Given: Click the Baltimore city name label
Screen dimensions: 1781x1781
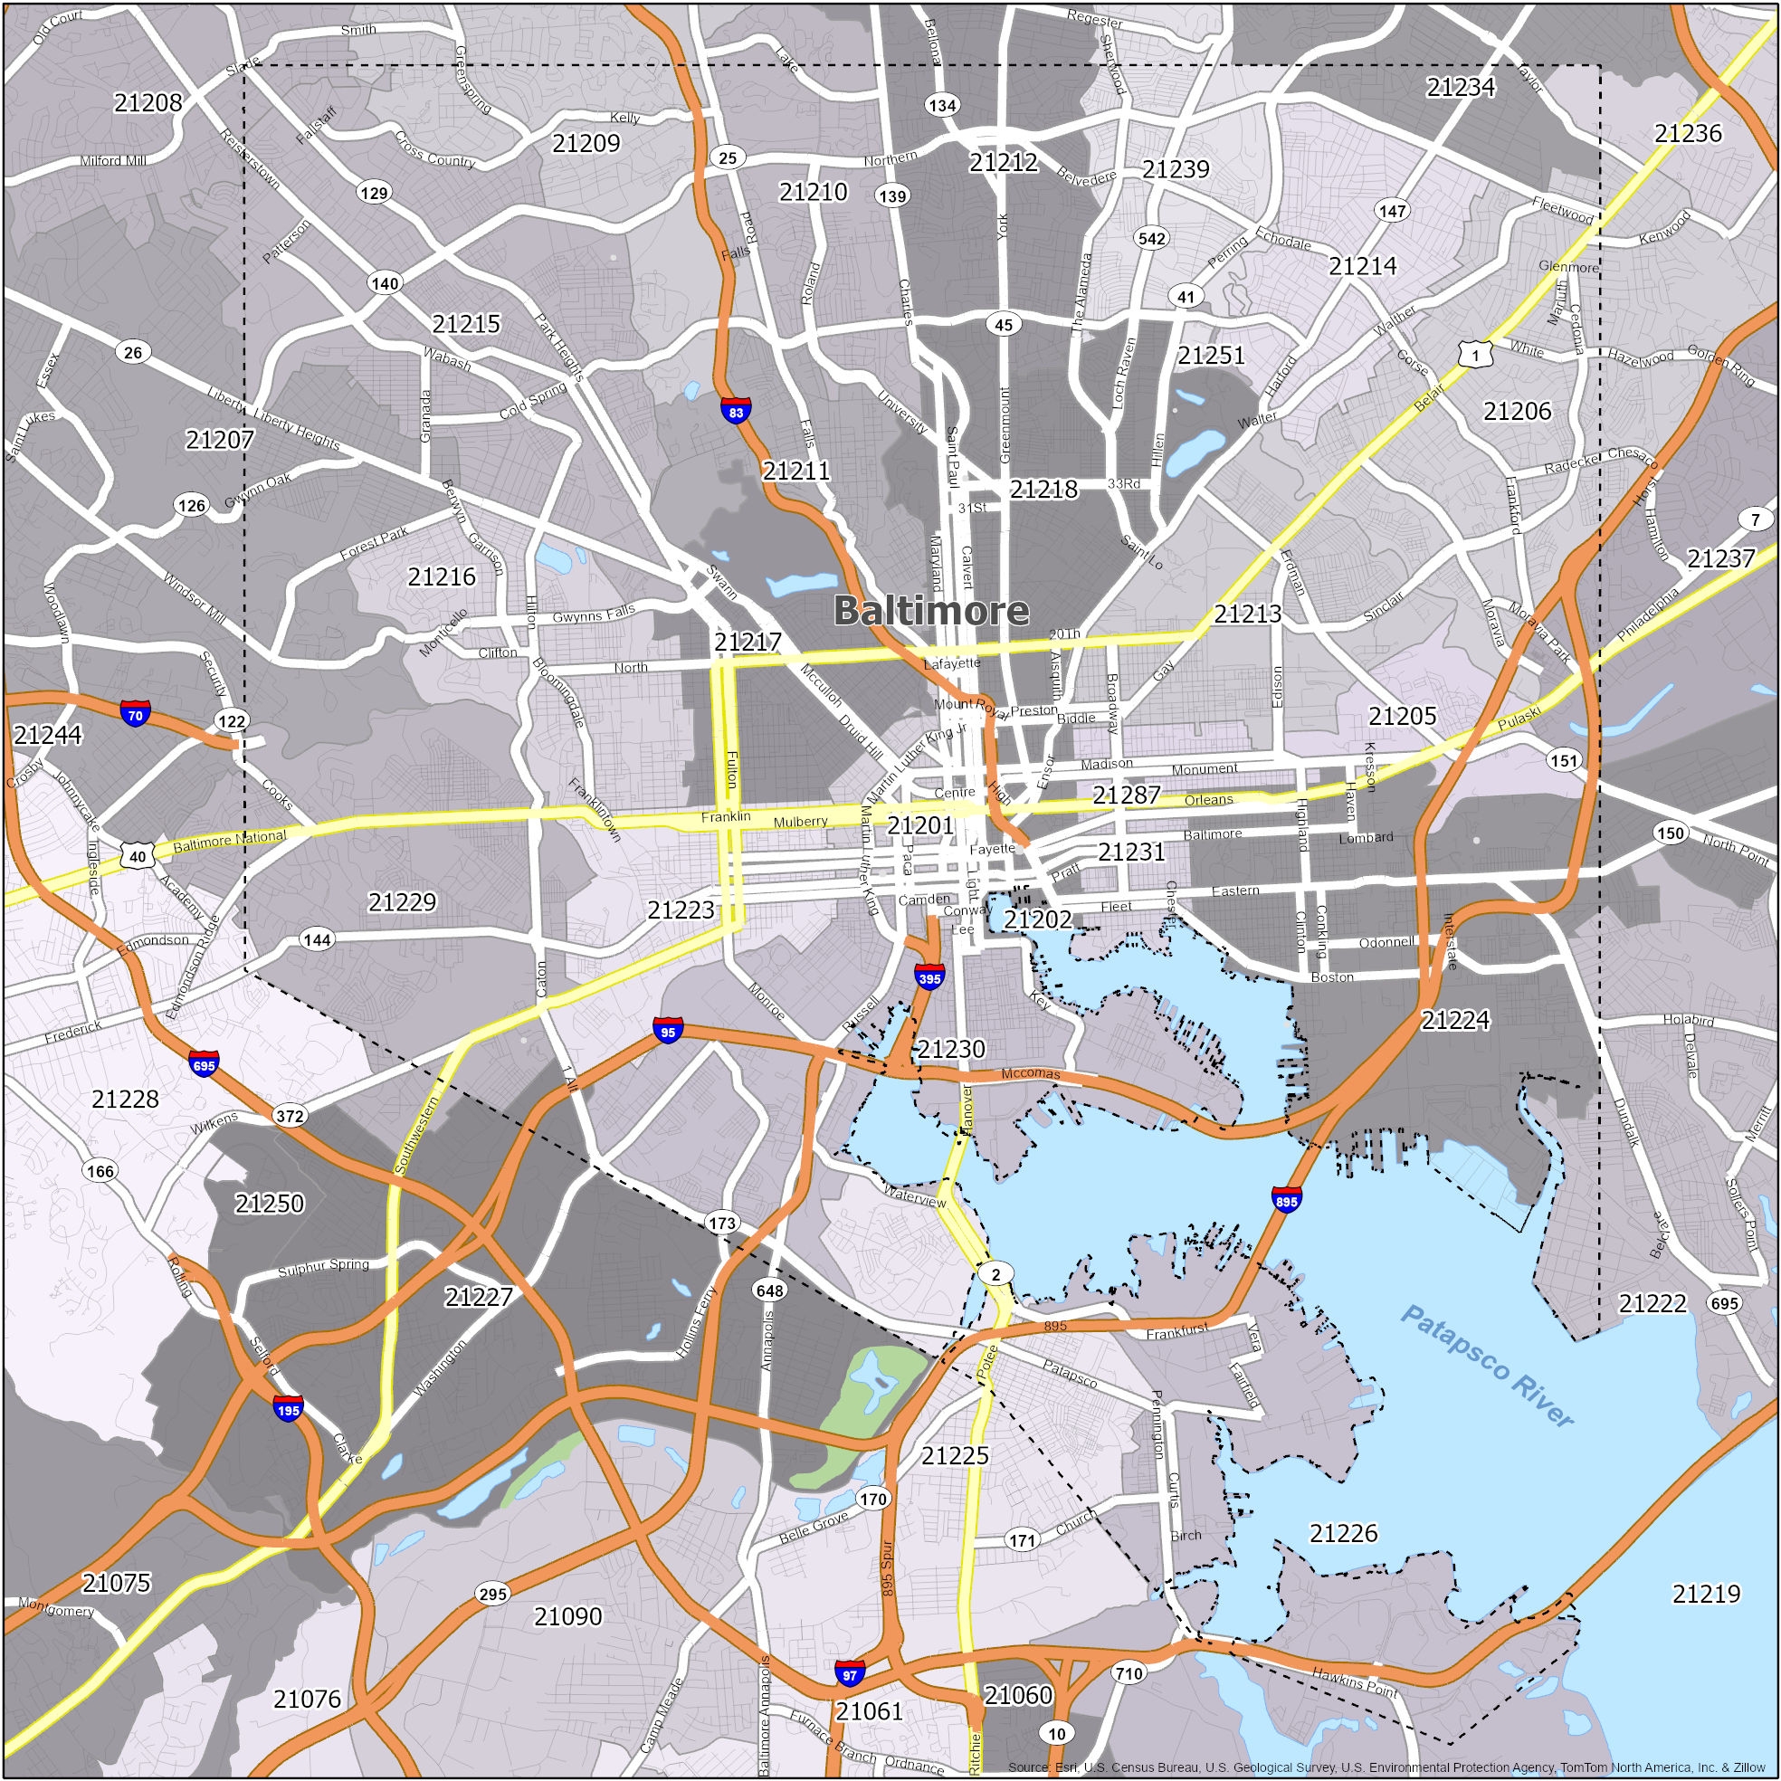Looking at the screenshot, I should (x=930, y=611).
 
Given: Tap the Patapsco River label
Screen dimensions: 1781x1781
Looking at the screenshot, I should (x=1486, y=1367).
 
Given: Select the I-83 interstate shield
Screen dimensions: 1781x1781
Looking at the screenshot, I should (x=735, y=412).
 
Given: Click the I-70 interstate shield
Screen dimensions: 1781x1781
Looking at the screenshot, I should (x=135, y=714).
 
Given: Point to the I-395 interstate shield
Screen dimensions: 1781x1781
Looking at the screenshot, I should (x=929, y=978).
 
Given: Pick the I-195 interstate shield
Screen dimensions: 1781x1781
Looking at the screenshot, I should (x=288, y=1409).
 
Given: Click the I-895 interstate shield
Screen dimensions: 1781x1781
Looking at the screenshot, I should (x=1286, y=1200).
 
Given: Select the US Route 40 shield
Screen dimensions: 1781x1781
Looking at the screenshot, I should (x=137, y=856).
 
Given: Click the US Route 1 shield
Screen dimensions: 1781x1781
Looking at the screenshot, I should (x=1475, y=355).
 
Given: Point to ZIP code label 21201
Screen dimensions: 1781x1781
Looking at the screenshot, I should (x=919, y=826).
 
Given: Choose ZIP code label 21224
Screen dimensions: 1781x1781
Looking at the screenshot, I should (x=1454, y=1020).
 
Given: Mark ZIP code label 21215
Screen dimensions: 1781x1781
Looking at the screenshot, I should (x=465, y=324).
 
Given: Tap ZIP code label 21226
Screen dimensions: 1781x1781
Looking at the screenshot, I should (x=1343, y=1533).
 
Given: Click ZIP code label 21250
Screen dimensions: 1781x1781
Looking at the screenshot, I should (x=269, y=1203).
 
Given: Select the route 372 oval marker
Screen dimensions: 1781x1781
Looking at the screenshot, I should (x=290, y=1116).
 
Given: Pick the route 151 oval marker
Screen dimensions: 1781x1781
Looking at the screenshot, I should (x=1564, y=760).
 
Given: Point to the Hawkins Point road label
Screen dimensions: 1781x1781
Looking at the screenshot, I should (x=1354, y=1681).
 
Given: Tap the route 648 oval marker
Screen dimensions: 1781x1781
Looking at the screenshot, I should (x=770, y=1290).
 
